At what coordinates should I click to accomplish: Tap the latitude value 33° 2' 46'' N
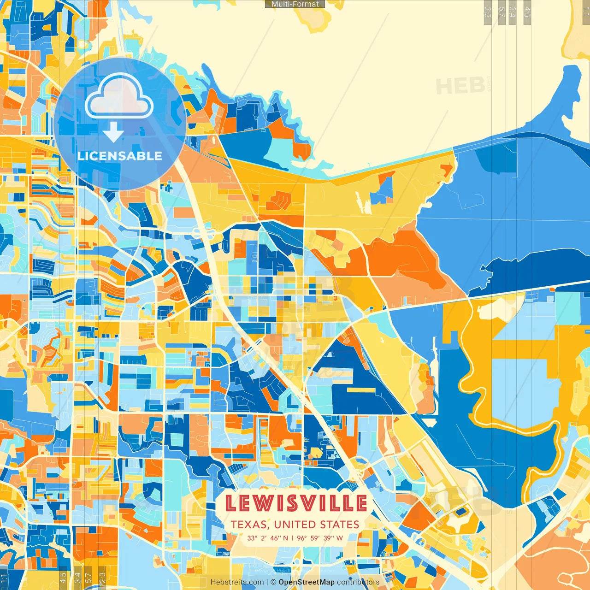click(x=267, y=538)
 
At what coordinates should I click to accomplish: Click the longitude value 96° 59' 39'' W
click(x=320, y=538)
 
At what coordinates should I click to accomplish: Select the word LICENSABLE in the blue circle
click(x=119, y=156)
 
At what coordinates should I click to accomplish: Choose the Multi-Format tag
click(x=295, y=4)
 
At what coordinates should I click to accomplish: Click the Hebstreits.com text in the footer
click(x=237, y=582)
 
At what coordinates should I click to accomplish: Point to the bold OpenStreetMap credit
click(x=306, y=582)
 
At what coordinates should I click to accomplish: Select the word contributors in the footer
click(x=358, y=582)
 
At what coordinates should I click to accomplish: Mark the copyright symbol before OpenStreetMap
click(x=273, y=582)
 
